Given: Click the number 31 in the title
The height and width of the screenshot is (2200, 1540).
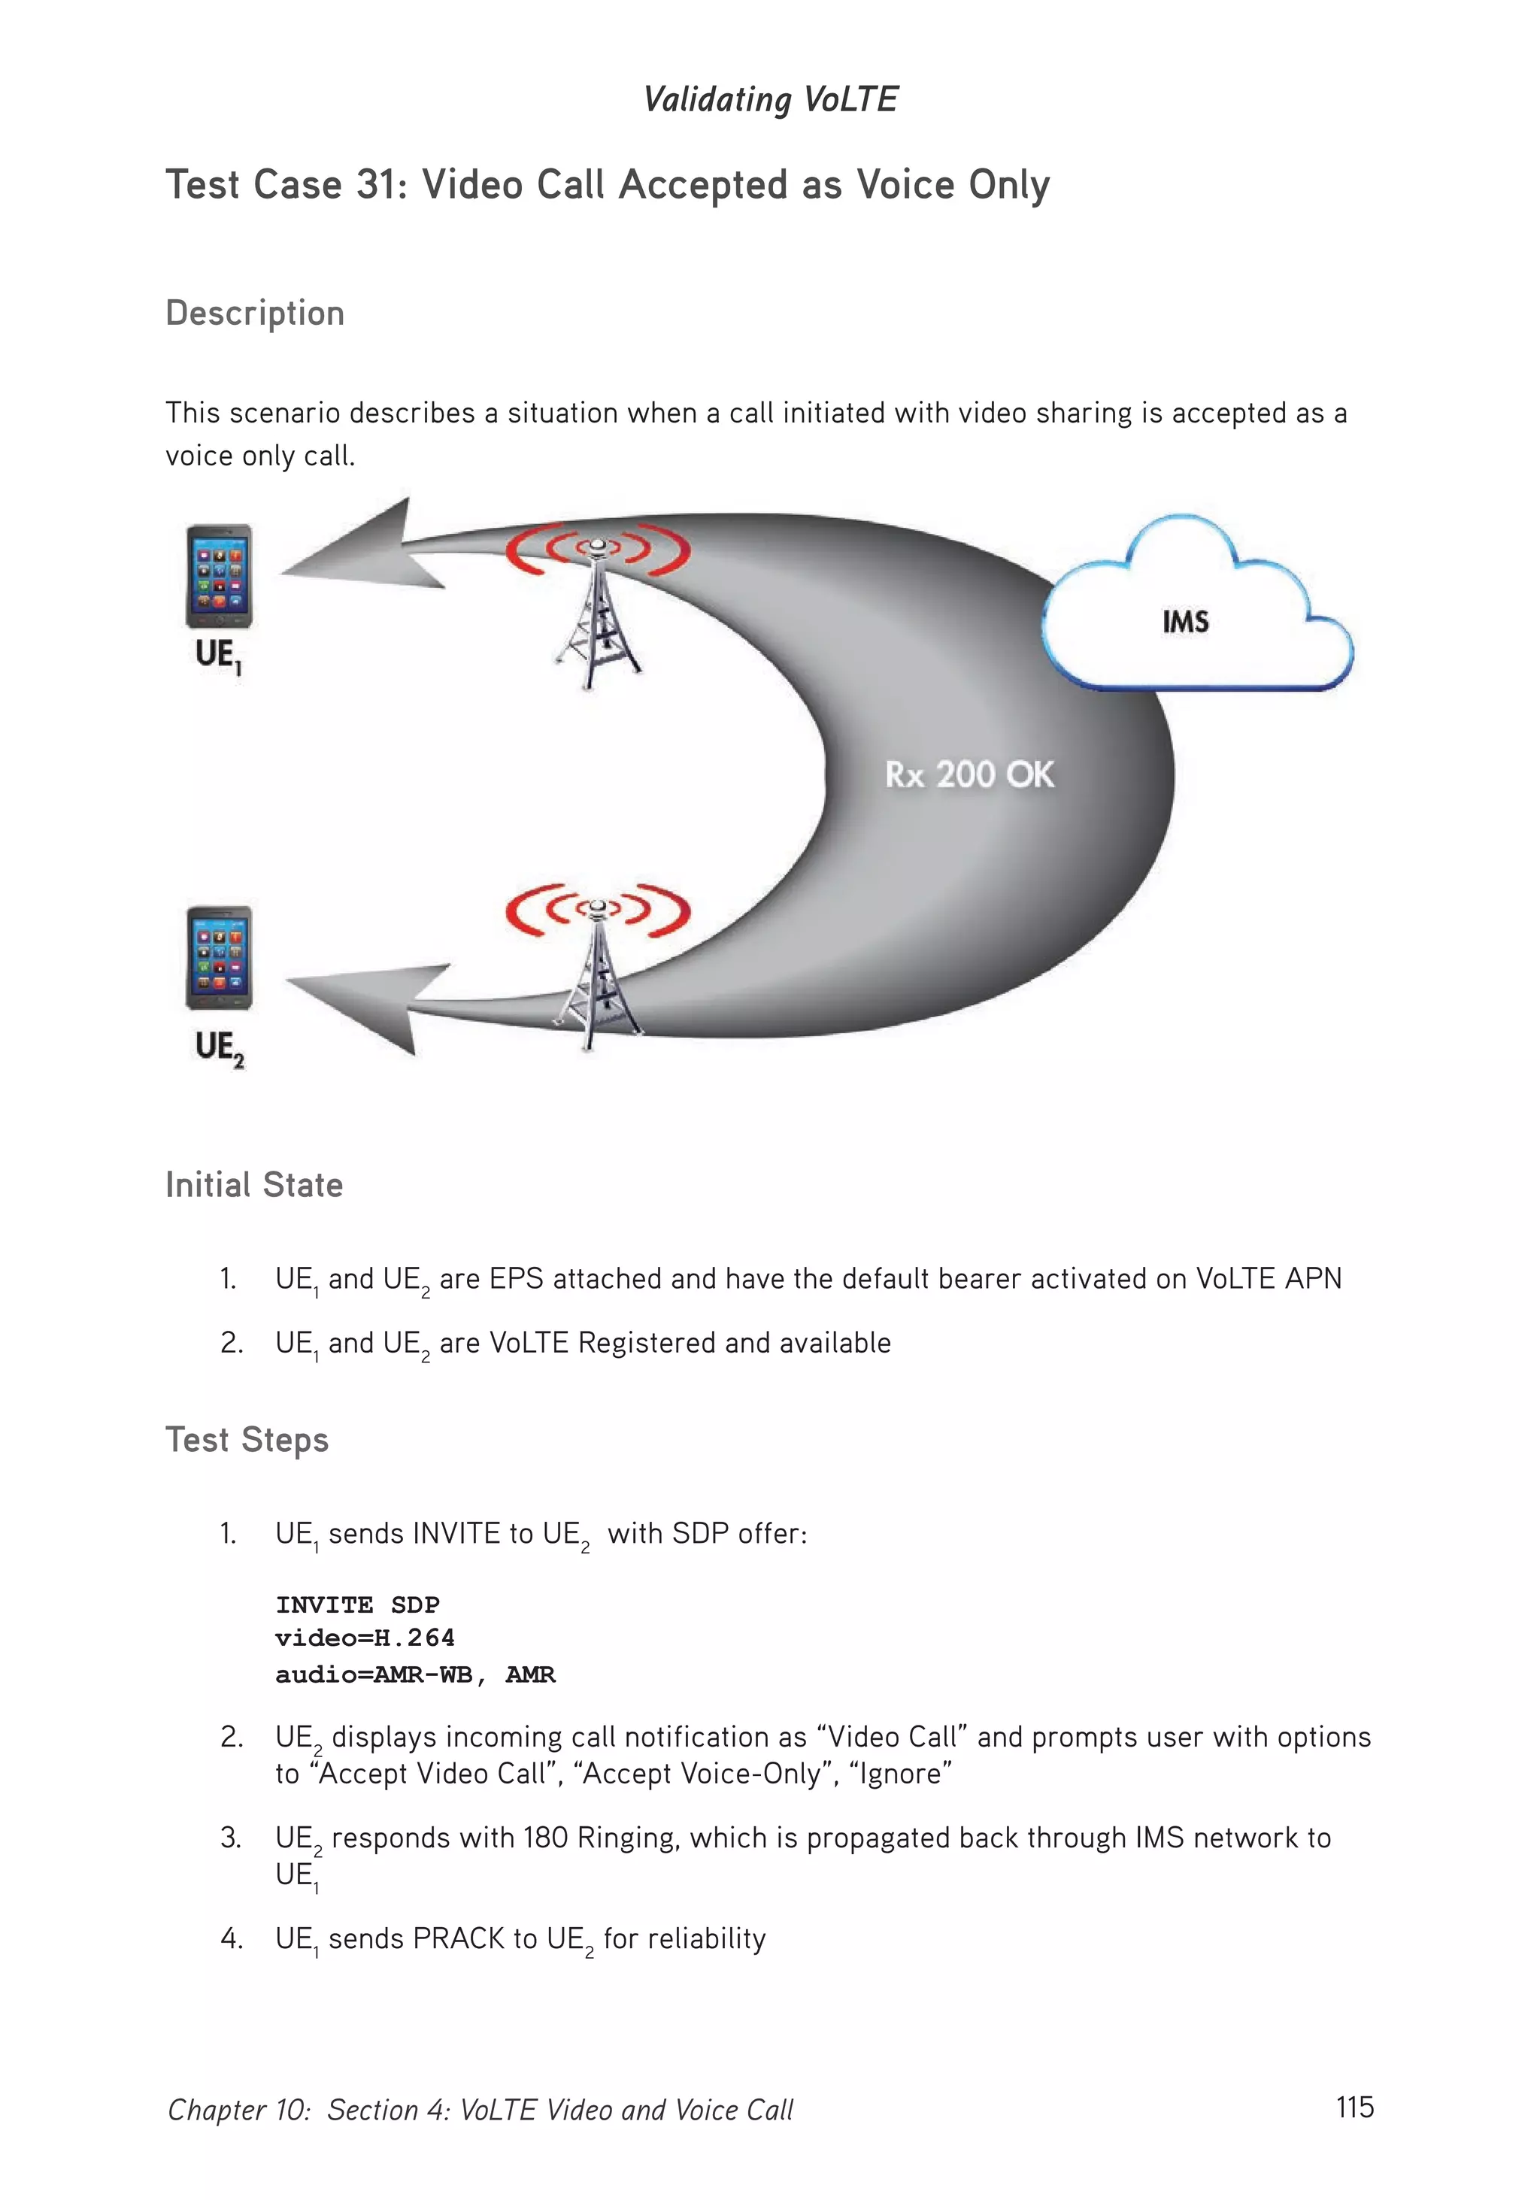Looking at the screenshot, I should [374, 185].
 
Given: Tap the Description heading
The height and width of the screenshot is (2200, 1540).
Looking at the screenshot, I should [255, 314].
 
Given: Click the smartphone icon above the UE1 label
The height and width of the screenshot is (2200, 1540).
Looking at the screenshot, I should [219, 576].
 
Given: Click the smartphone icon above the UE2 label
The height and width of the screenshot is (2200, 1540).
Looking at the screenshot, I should [219, 957].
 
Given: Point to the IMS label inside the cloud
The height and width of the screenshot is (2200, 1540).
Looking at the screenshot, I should [1185, 622].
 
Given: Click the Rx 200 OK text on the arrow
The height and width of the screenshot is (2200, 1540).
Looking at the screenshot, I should [969, 774].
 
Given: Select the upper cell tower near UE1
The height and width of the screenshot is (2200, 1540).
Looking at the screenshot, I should [597, 614].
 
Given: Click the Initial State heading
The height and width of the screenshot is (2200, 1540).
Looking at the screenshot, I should [254, 1185].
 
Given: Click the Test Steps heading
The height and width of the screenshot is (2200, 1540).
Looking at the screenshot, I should [247, 1440].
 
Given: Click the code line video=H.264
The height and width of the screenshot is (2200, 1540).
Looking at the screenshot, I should [364, 1638].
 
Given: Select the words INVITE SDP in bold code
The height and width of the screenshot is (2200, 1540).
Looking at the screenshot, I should [357, 1605].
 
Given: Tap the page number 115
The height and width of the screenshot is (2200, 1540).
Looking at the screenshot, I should [1354, 2107].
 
